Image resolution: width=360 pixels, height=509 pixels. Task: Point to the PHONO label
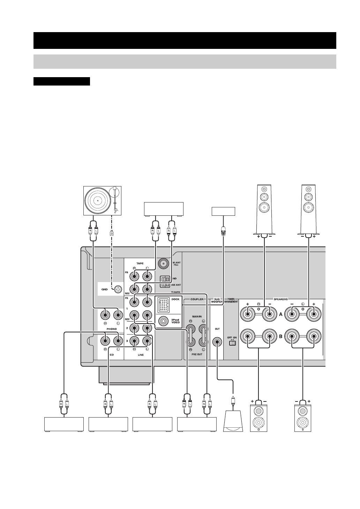112,328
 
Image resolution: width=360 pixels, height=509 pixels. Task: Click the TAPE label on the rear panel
140,264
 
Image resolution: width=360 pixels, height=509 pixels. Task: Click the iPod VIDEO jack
163,321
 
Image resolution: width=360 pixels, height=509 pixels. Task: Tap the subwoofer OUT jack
217,342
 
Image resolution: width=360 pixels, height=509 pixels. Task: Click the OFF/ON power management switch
232,343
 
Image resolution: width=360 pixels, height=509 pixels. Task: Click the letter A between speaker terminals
280,314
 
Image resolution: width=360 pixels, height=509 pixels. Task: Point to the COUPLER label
197,299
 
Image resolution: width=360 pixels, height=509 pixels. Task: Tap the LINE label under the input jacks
141,355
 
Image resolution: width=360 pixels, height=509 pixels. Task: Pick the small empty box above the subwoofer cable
224,212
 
